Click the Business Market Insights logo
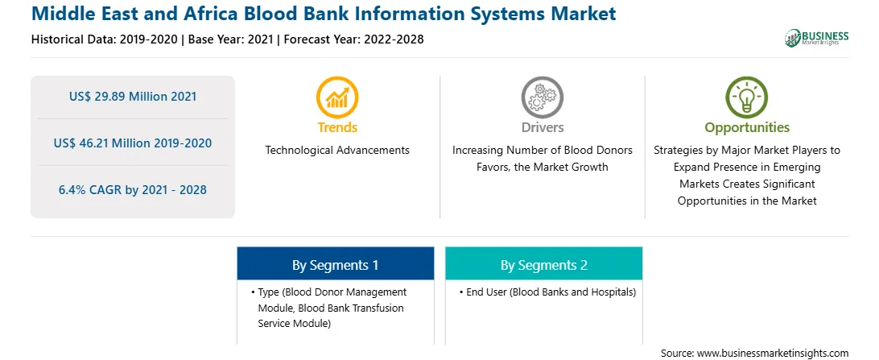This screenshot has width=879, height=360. point(817,38)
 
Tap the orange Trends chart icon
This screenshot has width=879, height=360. point(337,97)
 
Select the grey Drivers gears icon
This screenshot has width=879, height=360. point(542,97)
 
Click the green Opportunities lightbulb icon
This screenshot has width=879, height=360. point(747,97)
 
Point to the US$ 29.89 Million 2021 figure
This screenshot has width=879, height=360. point(133,97)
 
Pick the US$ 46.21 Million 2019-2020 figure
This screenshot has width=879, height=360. point(133,143)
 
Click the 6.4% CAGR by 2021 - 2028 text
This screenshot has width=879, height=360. point(133,189)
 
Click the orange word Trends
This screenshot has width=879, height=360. point(337,127)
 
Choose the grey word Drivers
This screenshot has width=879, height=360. point(542,127)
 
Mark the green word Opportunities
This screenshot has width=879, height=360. point(747,128)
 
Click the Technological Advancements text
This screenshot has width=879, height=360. point(337,151)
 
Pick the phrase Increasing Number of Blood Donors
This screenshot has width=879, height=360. point(542,151)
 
